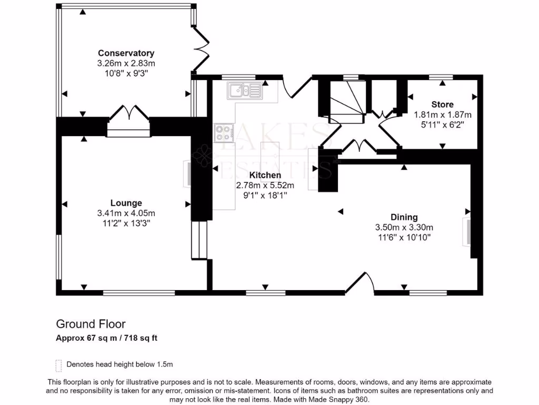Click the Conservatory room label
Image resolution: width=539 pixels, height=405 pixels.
(126, 53)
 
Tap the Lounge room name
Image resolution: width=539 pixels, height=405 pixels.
(126, 203)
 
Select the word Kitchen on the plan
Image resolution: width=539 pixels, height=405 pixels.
(265, 175)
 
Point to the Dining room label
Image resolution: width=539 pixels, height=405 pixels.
(404, 217)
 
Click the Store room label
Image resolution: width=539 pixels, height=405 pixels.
(442, 104)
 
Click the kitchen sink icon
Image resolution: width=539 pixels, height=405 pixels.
(245, 91)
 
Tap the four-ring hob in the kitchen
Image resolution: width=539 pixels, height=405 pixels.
(223, 133)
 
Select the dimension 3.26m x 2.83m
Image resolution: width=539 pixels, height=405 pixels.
(126, 63)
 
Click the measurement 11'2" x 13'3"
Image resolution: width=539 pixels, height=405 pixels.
(126, 224)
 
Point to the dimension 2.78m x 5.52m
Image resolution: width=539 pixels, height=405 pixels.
(265, 185)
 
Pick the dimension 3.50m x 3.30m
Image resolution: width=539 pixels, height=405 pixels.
(404, 227)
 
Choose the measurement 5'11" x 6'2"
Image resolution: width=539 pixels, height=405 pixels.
(442, 124)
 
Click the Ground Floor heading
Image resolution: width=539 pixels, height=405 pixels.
(91, 324)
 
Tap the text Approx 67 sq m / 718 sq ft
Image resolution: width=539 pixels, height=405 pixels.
(106, 338)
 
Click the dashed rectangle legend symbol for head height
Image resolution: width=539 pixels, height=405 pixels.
(59, 366)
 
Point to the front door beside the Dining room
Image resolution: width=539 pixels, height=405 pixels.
(360, 283)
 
